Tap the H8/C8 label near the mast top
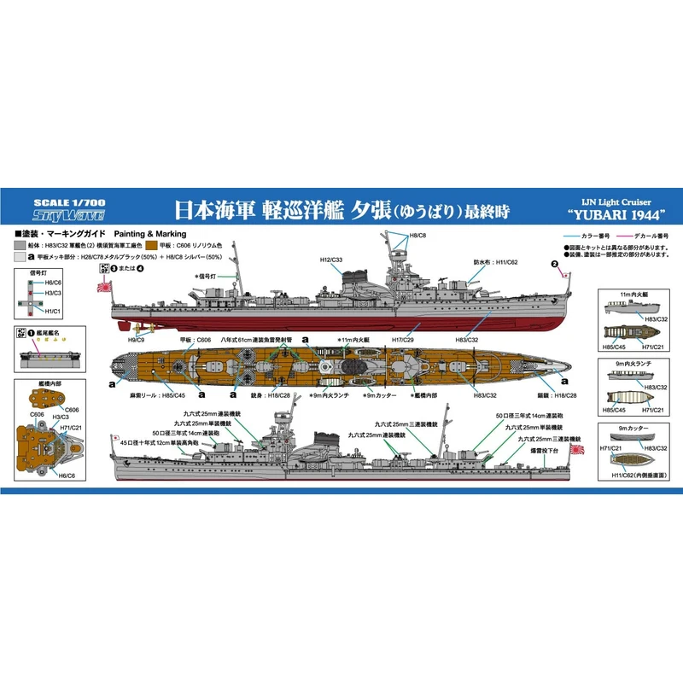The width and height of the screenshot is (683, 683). (417, 235)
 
